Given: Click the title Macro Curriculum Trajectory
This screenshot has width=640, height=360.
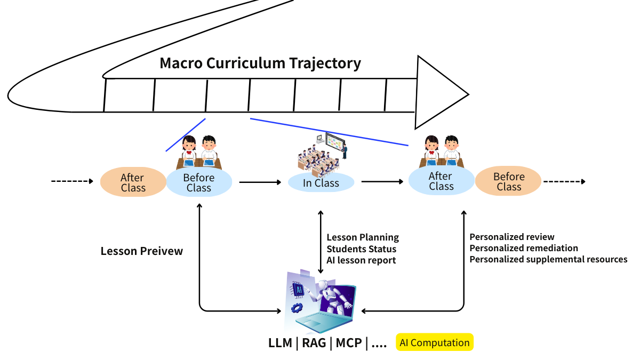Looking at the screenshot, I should [260, 63].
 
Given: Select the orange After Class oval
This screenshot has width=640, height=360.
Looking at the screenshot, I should [133, 182].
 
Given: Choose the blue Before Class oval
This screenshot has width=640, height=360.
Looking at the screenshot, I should [199, 182].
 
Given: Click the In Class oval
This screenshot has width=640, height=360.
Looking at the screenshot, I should [321, 183].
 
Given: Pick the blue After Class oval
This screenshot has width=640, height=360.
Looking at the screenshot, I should [441, 181].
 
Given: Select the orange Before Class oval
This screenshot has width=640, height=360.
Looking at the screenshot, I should [508, 181].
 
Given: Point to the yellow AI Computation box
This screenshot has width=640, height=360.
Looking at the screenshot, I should [435, 342].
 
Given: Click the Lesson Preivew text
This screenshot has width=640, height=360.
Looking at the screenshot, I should [142, 251].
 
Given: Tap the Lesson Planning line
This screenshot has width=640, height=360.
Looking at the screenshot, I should [363, 237].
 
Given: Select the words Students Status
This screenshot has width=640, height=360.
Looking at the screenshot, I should [362, 249].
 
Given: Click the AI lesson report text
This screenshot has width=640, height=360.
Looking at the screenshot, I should [361, 260].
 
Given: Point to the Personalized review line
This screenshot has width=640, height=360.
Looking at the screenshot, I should [512, 237].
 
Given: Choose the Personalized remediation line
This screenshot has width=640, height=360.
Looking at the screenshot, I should [524, 248].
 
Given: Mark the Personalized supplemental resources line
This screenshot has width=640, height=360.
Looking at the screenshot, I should [548, 259].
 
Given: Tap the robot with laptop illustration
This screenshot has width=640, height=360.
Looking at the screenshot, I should [320, 301].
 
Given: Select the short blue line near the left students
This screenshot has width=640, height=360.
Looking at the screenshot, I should [186, 134].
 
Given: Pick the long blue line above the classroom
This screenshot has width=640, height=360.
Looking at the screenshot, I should [329, 132].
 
